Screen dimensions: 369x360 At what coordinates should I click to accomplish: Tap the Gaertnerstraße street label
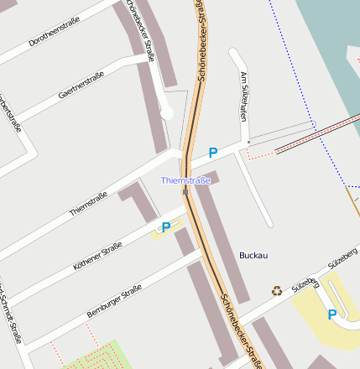click(x=81, y=86)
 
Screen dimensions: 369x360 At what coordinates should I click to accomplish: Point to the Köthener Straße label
click(x=97, y=255)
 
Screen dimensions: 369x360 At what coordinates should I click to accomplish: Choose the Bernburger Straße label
click(x=114, y=302)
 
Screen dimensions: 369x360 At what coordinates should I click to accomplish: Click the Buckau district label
click(x=253, y=255)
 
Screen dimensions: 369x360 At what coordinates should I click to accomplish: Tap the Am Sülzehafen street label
click(x=244, y=97)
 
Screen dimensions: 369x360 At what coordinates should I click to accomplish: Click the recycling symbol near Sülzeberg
click(x=277, y=291)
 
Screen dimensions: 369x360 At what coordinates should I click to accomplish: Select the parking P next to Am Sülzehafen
click(x=213, y=153)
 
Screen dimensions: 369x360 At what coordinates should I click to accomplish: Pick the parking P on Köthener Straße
click(x=166, y=227)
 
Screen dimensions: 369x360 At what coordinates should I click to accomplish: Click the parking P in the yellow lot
click(x=332, y=314)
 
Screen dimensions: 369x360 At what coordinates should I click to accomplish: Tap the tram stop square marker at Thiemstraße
click(x=185, y=191)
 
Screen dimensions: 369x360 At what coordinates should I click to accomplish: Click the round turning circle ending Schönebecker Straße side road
click(x=166, y=113)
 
